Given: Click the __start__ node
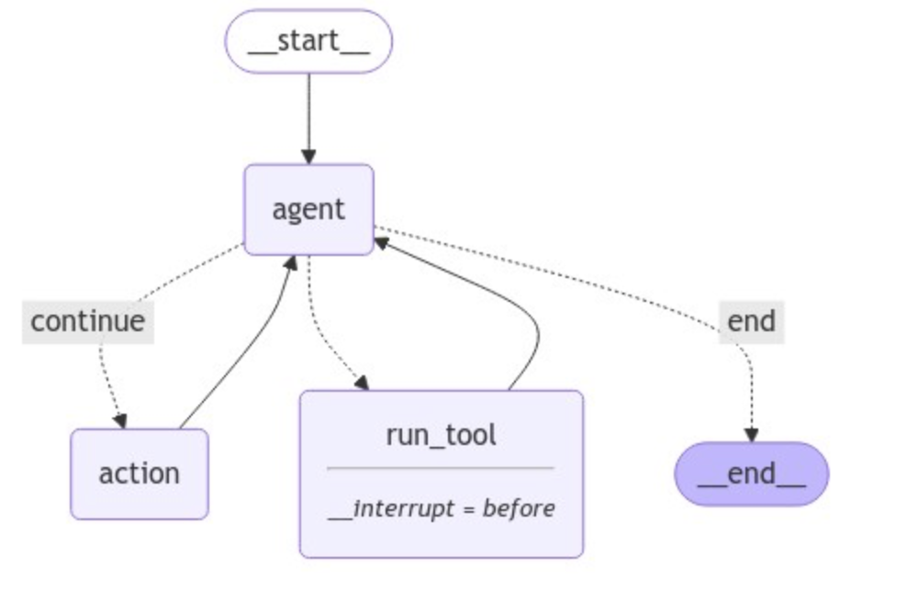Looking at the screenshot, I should [x=308, y=41].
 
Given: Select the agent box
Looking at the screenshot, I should [x=308, y=209].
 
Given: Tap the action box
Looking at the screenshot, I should [x=140, y=473].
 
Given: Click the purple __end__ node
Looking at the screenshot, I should [x=752, y=475].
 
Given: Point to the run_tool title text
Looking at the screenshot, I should [x=441, y=434].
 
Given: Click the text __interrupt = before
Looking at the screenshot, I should [x=441, y=507].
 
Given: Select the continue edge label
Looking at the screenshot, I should [x=87, y=321].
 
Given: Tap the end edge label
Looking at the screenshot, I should [x=751, y=321].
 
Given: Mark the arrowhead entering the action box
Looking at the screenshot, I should [x=119, y=420].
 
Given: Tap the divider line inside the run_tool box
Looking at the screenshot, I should [x=441, y=469].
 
